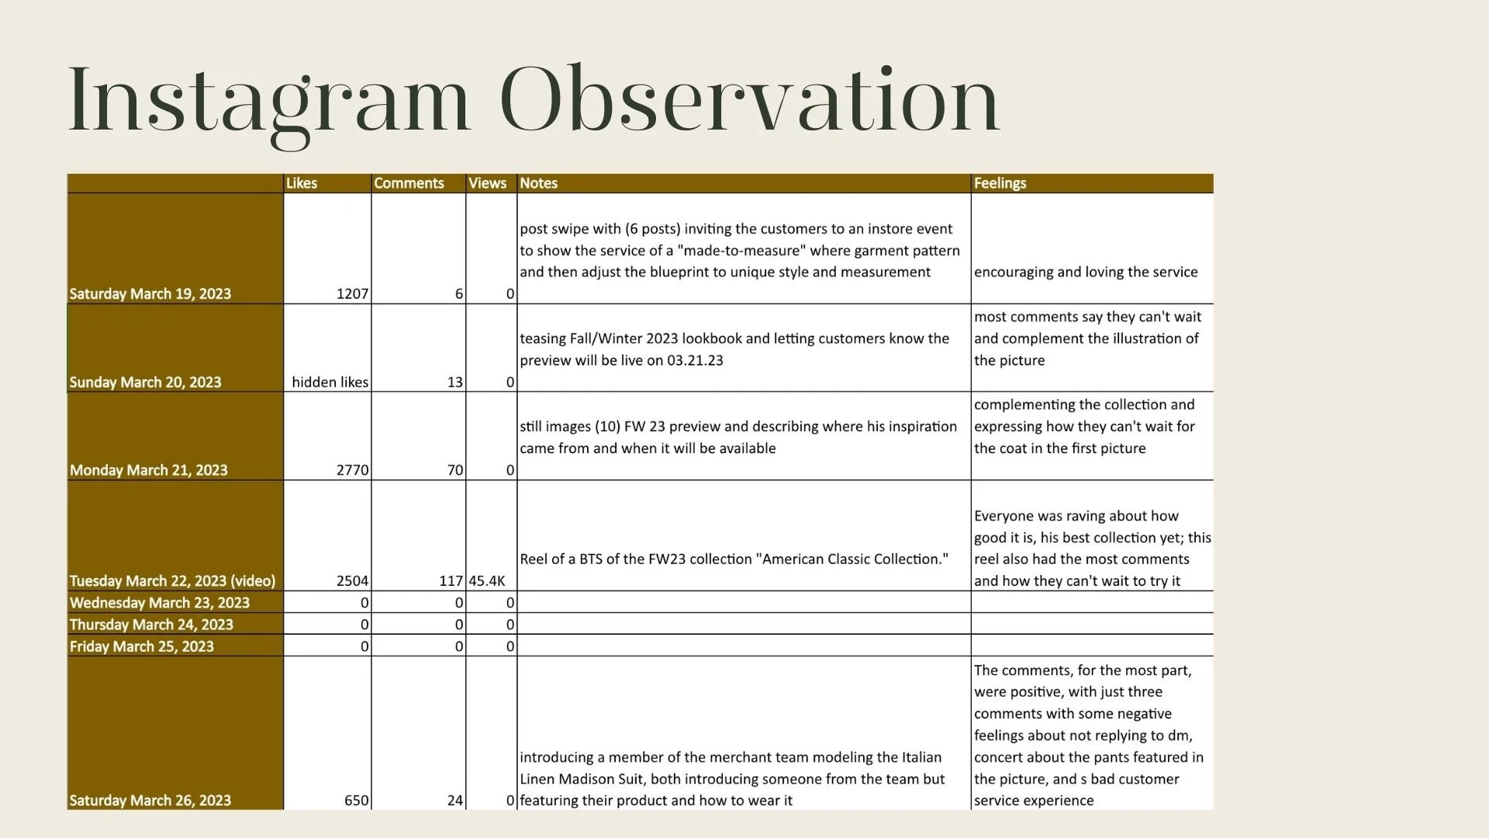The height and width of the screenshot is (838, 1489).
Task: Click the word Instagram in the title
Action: click(x=269, y=101)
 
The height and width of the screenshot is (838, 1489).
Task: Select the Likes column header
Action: click(x=302, y=183)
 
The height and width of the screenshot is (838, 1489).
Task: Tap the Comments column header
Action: click(x=409, y=183)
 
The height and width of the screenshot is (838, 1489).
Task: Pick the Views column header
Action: click(x=487, y=183)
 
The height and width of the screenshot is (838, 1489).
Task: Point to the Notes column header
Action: click(x=538, y=183)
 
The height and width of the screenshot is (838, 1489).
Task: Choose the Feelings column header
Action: click(x=1000, y=183)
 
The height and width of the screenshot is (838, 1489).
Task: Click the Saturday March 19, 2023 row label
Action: click(x=150, y=294)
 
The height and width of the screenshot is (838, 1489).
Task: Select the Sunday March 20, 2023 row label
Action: click(x=145, y=383)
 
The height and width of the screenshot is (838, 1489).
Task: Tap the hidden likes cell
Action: click(x=330, y=383)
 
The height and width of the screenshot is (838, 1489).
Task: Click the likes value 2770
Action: click(x=352, y=470)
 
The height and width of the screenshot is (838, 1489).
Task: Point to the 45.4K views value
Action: click(x=487, y=581)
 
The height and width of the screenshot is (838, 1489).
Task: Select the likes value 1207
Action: click(x=352, y=294)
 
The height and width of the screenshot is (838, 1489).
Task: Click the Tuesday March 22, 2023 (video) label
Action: click(x=172, y=581)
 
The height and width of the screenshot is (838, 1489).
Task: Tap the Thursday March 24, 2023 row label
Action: click(x=151, y=625)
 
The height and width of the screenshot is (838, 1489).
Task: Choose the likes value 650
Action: click(x=356, y=801)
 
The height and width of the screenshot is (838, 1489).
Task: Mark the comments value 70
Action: click(x=454, y=470)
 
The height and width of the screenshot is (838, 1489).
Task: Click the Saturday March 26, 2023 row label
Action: click(x=150, y=801)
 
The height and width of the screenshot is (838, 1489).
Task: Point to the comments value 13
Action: click(x=454, y=383)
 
